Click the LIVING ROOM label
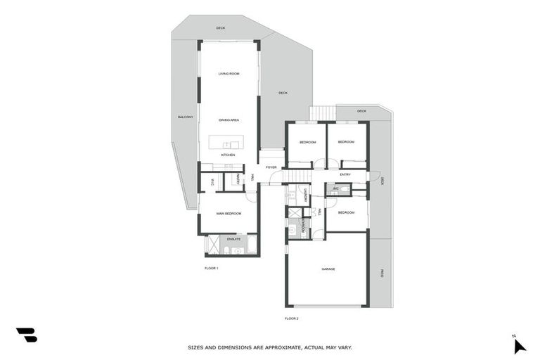(229, 74)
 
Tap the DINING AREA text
(229, 120)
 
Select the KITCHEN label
(228, 155)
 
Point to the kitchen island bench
(229, 144)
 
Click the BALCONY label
(185, 117)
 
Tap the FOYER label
(271, 167)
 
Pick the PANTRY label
(238, 181)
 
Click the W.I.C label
(212, 181)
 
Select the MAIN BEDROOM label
(229, 213)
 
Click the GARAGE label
(328, 269)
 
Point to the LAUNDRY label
(307, 196)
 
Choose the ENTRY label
(345, 174)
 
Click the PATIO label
(382, 273)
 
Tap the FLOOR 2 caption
(292, 319)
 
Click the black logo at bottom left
(26, 335)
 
